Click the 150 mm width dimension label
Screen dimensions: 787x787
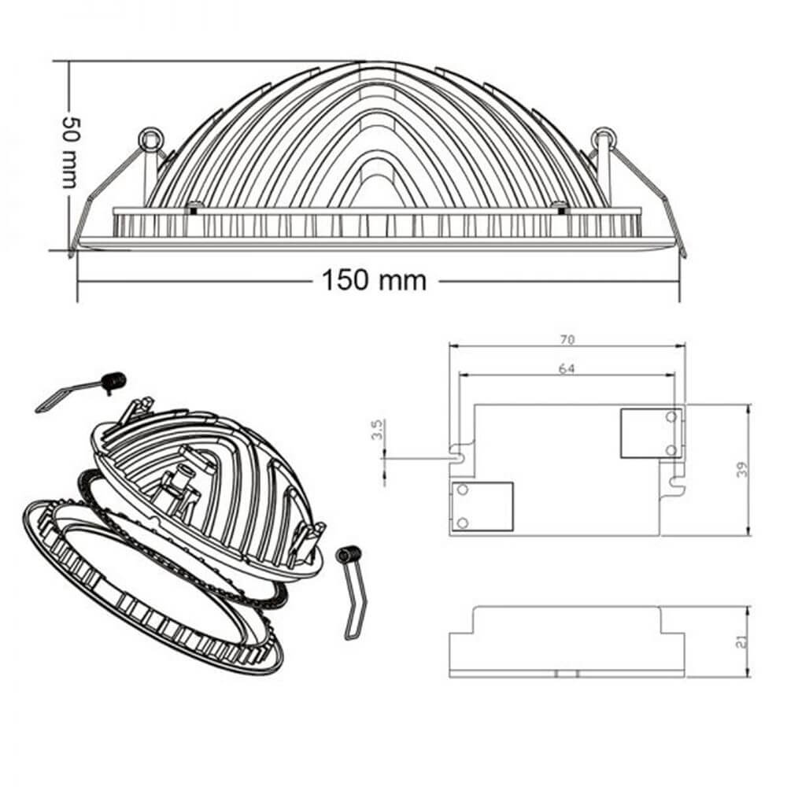pyautogui.click(x=374, y=281)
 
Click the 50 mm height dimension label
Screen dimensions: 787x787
pyautogui.click(x=70, y=153)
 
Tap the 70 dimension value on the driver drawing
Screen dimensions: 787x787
pyautogui.click(x=567, y=340)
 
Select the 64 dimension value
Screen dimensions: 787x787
pyautogui.click(x=567, y=369)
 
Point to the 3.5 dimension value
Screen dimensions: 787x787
pyautogui.click(x=378, y=430)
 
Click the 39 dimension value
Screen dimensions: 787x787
pyautogui.click(x=742, y=469)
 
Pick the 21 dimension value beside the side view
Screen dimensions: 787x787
pyautogui.click(x=742, y=642)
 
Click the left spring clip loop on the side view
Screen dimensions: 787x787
pyautogui.click(x=150, y=139)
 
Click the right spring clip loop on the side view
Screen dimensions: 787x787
pyautogui.click(x=604, y=138)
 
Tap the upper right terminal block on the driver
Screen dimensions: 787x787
pyautogui.click(x=651, y=433)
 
